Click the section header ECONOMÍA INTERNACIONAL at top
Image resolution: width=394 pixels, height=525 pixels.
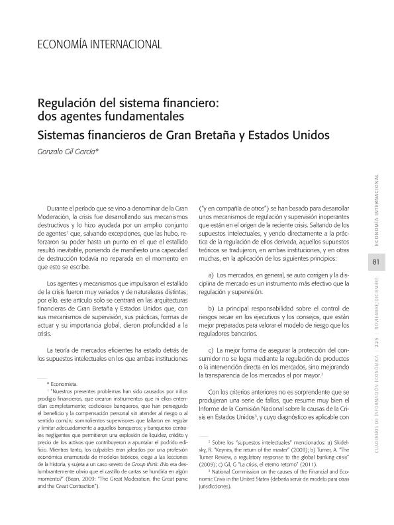pyautogui.click(x=99, y=44)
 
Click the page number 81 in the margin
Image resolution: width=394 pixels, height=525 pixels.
pyautogui.click(x=375, y=262)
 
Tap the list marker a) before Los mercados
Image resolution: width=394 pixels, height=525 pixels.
pyautogui.click(x=211, y=274)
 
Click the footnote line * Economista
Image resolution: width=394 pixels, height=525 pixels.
pyautogui.click(x=62, y=384)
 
